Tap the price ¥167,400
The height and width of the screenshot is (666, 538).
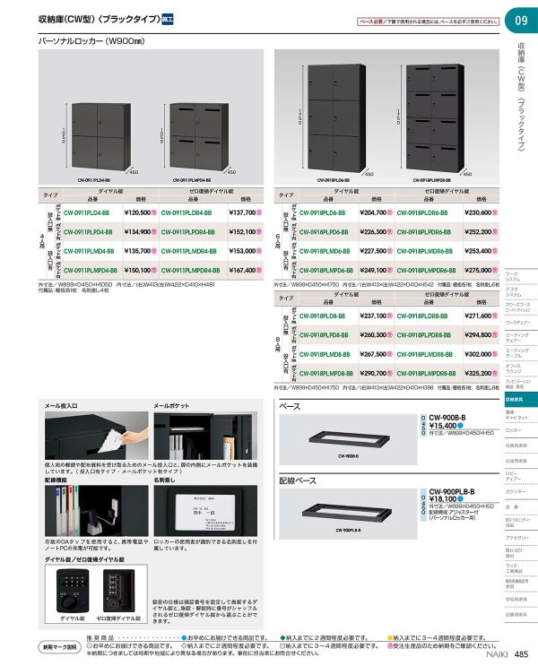[x=243, y=269]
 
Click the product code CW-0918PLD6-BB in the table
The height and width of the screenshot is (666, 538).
[x=321, y=212]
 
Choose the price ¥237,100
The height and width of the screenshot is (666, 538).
[x=374, y=316]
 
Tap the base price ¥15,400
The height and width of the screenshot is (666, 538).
[x=446, y=424]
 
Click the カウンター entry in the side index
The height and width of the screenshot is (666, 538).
[x=516, y=491]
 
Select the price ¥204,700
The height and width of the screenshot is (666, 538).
[x=374, y=212]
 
